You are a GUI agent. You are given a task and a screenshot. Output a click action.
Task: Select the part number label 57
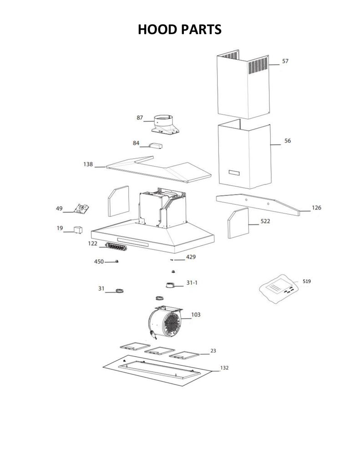[285, 61]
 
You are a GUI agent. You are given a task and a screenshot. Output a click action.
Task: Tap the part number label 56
[288, 141]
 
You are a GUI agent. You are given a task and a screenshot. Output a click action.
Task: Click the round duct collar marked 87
[165, 125]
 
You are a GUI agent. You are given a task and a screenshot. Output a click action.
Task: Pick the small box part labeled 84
[156, 146]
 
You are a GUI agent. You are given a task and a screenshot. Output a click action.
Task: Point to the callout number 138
[88, 164]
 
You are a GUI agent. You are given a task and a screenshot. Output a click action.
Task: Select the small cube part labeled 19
[78, 230]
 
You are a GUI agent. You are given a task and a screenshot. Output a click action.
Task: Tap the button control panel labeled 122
[116, 246]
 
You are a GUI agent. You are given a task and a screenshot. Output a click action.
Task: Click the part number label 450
[99, 262]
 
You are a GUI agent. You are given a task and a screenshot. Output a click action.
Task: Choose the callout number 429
[191, 257]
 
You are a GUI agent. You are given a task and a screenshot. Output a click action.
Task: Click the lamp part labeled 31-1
[170, 285]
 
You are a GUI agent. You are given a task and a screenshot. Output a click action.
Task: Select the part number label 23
[213, 351]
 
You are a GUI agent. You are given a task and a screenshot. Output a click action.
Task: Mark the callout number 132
[224, 368]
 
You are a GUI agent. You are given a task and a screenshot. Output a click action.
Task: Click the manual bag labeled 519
[279, 288]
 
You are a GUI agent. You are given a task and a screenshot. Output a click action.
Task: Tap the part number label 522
[265, 221]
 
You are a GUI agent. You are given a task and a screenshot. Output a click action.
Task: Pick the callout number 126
[316, 208]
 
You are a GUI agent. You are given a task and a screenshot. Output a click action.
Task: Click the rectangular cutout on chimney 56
[234, 172]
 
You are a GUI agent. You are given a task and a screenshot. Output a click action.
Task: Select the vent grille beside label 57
[258, 66]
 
